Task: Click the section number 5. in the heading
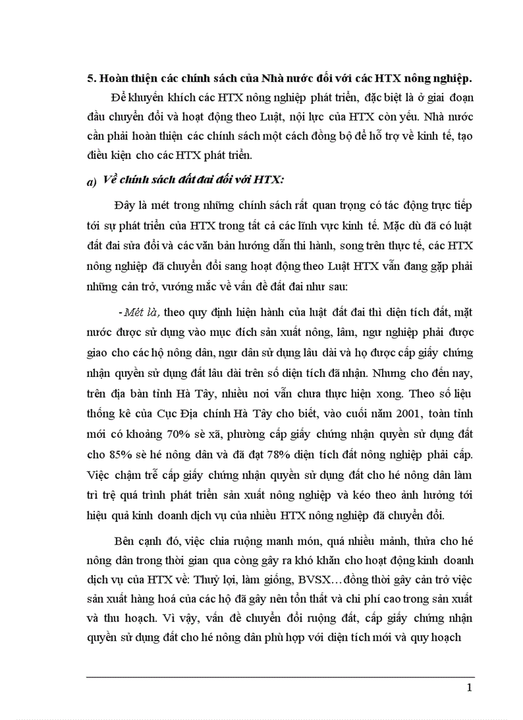[x=90, y=78]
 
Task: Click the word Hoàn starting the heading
[x=115, y=78]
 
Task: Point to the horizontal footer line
[x=280, y=676]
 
